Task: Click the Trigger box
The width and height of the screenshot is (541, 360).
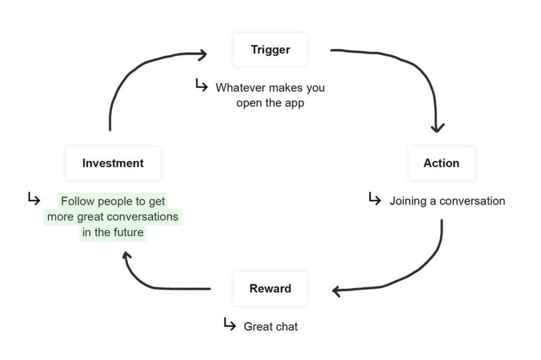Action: click(x=270, y=50)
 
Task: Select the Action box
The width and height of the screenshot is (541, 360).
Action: click(x=441, y=163)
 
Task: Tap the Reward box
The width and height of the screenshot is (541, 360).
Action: click(x=270, y=289)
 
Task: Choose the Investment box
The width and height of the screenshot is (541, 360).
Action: click(x=113, y=163)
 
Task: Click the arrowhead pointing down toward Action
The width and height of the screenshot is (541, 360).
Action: click(x=438, y=128)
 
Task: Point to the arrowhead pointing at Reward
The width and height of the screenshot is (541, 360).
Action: click(x=337, y=291)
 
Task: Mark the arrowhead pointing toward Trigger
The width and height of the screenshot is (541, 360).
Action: click(x=202, y=55)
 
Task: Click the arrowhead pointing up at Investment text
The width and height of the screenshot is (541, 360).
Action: click(x=127, y=256)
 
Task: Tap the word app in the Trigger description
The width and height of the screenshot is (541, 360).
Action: click(x=294, y=103)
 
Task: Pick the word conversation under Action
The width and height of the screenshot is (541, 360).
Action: click(x=472, y=201)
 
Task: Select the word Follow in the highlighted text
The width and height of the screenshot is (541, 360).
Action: click(x=78, y=201)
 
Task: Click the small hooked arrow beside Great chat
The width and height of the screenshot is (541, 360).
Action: click(x=230, y=324)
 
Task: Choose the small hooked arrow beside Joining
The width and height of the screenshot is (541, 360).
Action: click(x=374, y=198)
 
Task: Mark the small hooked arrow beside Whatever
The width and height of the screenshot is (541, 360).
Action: click(x=202, y=85)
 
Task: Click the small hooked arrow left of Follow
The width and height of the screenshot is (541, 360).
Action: click(x=34, y=198)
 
